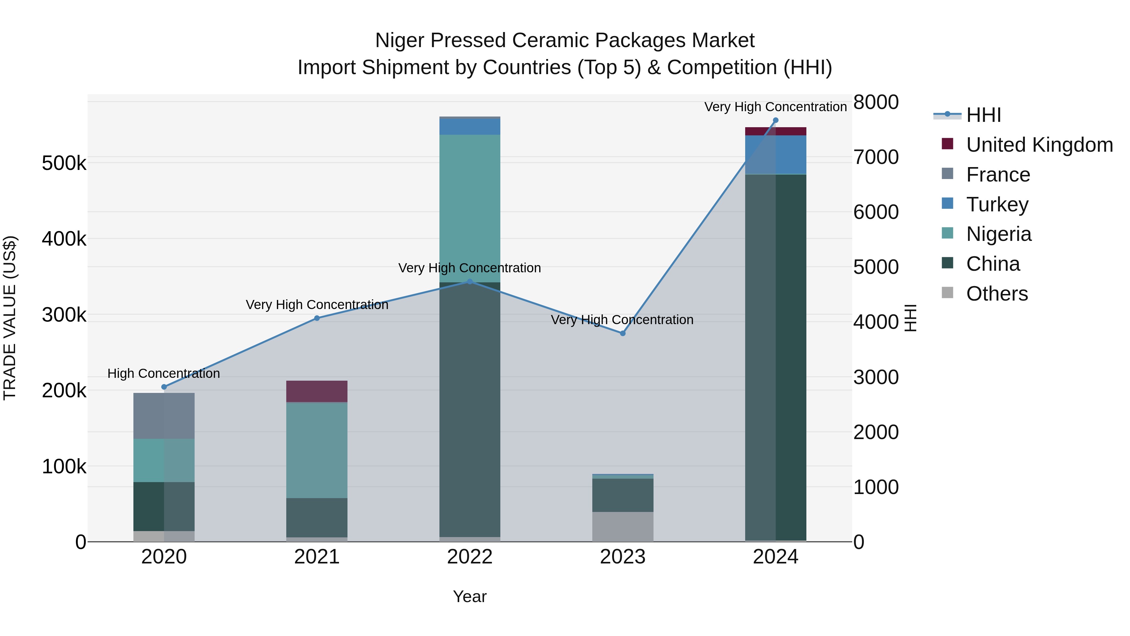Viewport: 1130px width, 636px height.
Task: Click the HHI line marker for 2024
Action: (x=775, y=120)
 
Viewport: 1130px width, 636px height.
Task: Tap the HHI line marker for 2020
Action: (x=164, y=387)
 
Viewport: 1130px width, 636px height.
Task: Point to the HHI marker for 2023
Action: (x=622, y=333)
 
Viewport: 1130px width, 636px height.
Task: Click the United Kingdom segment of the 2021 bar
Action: (x=317, y=391)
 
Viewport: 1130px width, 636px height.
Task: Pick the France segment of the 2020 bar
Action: (x=164, y=416)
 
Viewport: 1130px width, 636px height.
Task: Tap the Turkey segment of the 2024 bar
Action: (x=775, y=155)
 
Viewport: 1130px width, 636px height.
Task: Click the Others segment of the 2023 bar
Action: (x=622, y=526)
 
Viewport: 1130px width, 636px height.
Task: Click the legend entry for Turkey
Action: (x=997, y=204)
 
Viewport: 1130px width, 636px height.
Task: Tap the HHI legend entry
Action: (x=983, y=115)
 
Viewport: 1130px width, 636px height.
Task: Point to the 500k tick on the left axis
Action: (x=64, y=164)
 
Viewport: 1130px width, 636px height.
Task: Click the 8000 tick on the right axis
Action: (x=875, y=102)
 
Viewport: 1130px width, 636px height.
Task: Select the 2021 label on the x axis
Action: (x=317, y=557)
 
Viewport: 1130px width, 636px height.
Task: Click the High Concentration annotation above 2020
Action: (x=164, y=373)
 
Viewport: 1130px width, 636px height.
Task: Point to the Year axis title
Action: (x=469, y=596)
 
